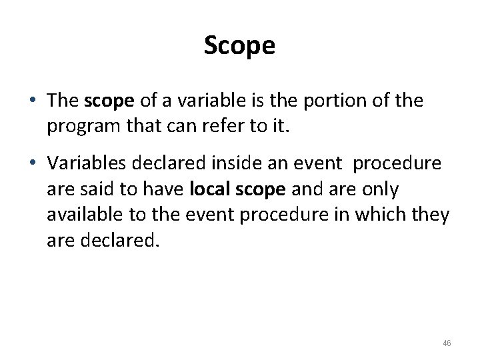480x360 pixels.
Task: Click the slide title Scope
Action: [239, 46]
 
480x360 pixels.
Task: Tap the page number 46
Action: [447, 343]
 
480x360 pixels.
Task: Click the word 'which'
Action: [391, 215]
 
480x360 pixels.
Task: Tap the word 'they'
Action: [433, 215]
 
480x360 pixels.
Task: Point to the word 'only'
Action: [381, 190]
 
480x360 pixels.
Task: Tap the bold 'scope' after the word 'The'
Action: [110, 101]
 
